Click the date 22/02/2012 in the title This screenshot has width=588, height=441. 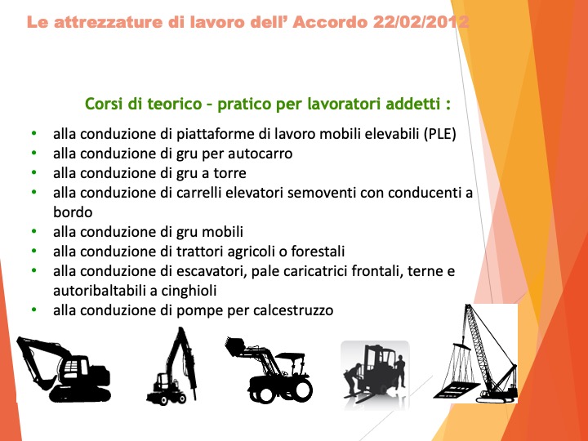[421, 22]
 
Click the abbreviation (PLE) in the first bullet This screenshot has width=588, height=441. [440, 134]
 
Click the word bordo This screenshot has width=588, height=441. [73, 212]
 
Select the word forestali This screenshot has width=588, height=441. [318, 252]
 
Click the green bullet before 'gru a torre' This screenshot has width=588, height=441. [34, 173]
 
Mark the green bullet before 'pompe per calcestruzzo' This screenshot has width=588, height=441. [34, 310]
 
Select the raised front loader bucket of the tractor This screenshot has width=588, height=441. [235, 345]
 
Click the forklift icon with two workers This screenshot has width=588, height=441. [374, 374]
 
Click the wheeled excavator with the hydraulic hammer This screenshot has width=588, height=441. [172, 367]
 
